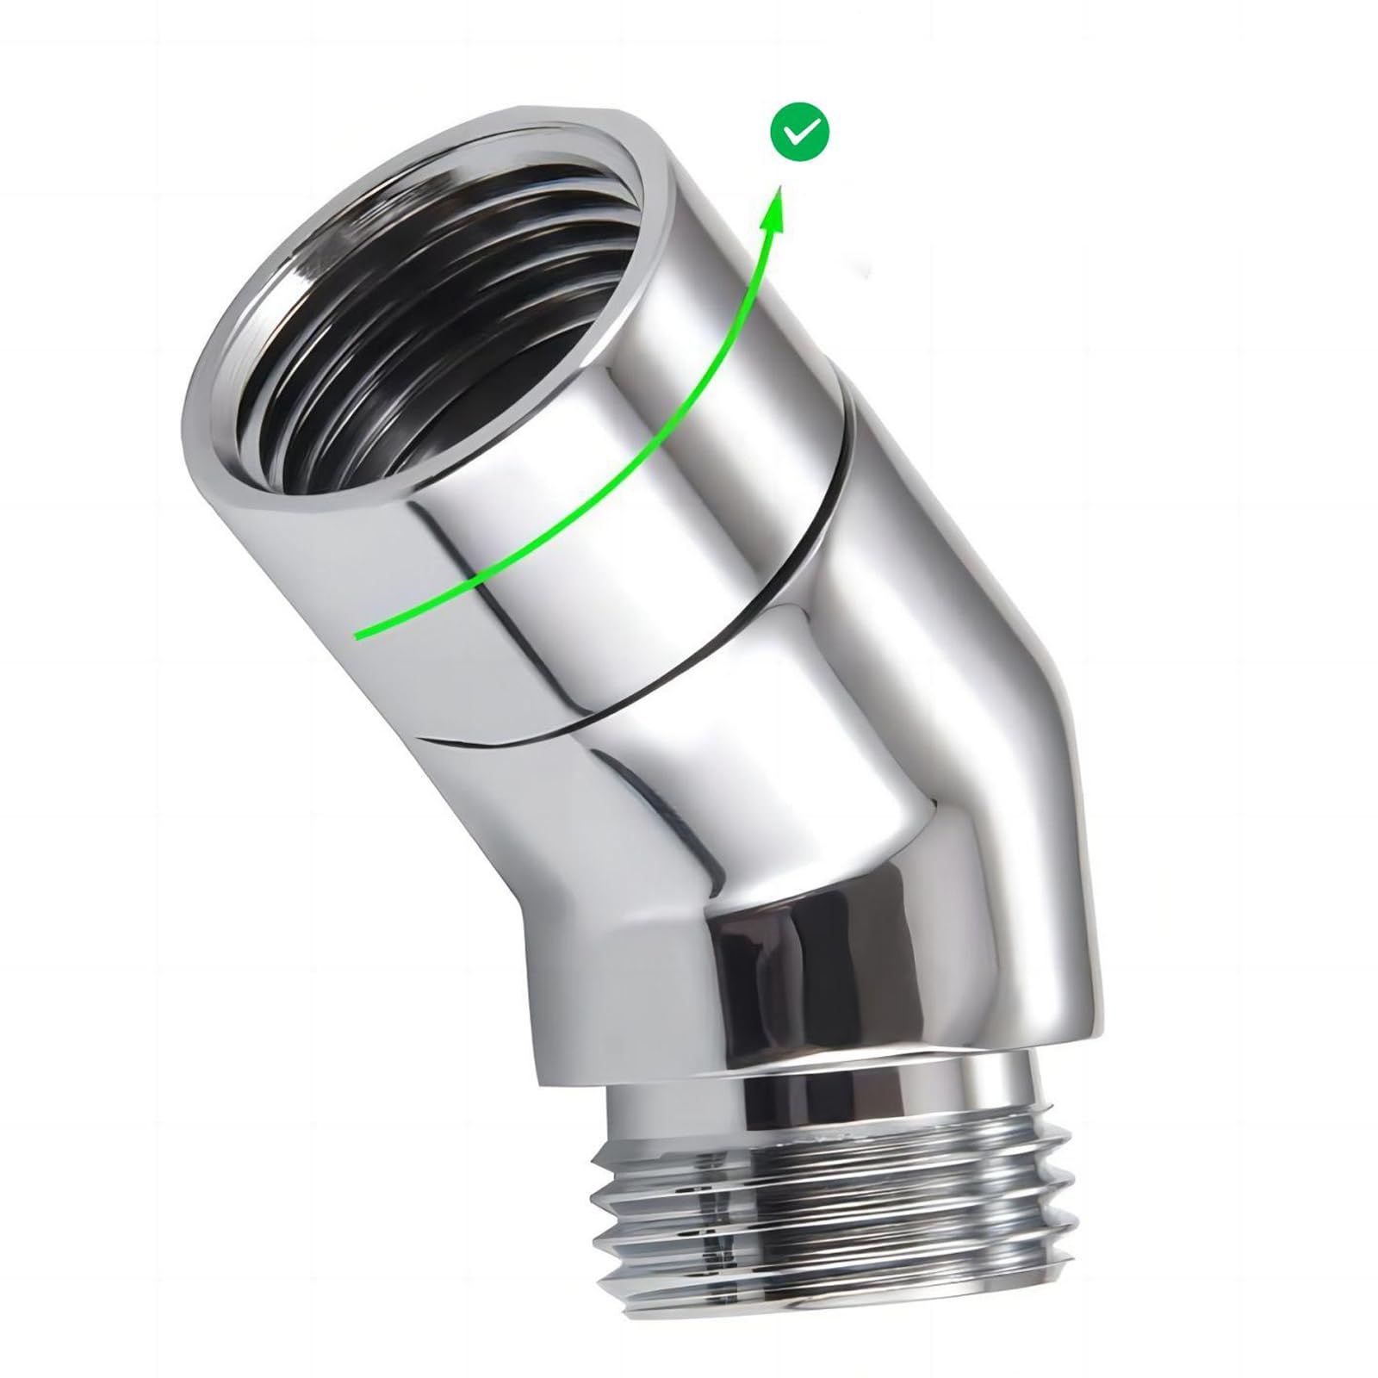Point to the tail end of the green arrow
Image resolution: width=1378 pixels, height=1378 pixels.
(x=358, y=636)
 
